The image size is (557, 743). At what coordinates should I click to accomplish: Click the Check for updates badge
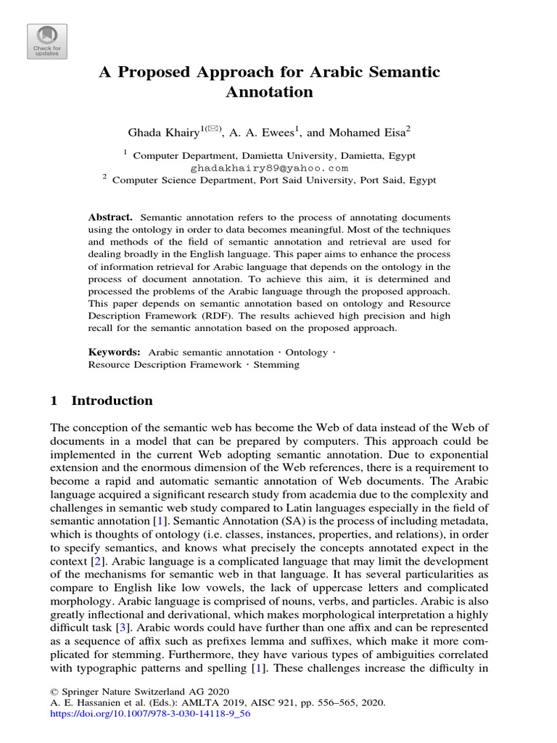coord(47,41)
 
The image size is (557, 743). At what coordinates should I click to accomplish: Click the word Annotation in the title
coord(269,92)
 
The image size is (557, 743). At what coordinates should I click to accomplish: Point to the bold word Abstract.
coord(110,218)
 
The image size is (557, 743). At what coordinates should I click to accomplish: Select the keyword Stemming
coord(276,365)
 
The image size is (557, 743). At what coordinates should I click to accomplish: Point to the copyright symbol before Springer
coord(54,691)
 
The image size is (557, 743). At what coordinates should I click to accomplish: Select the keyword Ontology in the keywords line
coord(307,352)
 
